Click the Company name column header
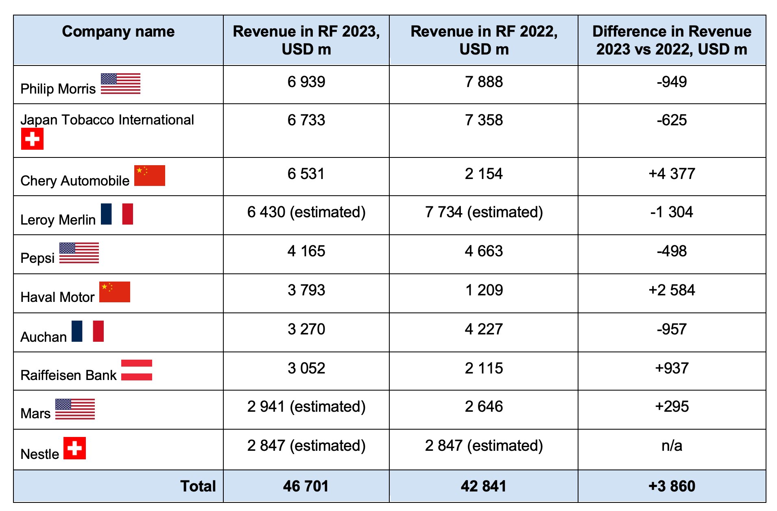118,32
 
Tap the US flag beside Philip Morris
120,83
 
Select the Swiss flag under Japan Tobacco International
32,139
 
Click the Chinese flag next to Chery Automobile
150,175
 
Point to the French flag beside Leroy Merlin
117,214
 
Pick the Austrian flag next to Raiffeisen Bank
137,370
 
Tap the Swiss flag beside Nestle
74,448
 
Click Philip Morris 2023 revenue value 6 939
306,82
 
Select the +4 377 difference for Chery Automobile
672,174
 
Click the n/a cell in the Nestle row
672,445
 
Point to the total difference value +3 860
672,486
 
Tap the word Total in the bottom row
198,486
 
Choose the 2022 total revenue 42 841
484,486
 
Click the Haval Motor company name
57,297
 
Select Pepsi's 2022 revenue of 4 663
484,251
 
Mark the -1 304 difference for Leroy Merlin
672,212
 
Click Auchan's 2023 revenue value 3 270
306,329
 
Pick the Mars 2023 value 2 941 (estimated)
306,406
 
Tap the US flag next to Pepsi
79,253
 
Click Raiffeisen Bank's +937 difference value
672,368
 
